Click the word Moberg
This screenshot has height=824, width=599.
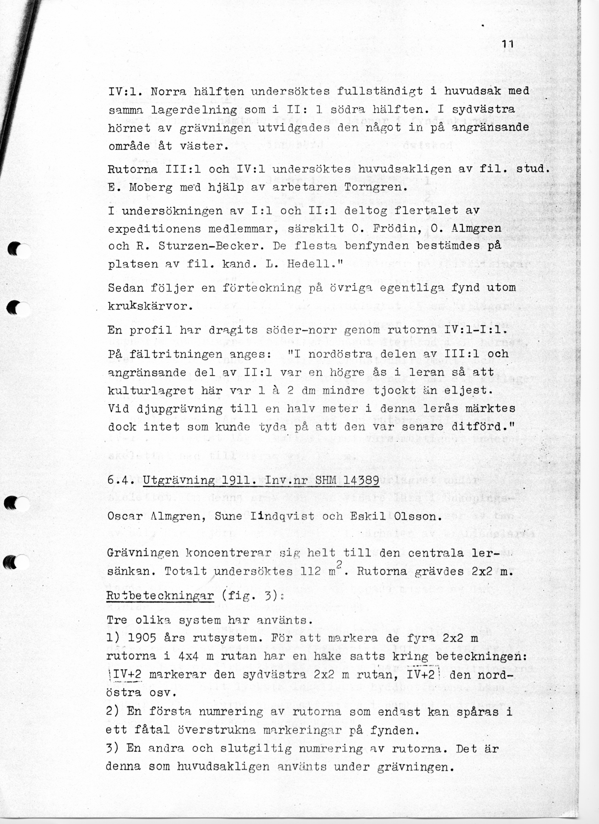click(x=151, y=188)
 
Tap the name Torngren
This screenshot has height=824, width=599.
click(x=375, y=188)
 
